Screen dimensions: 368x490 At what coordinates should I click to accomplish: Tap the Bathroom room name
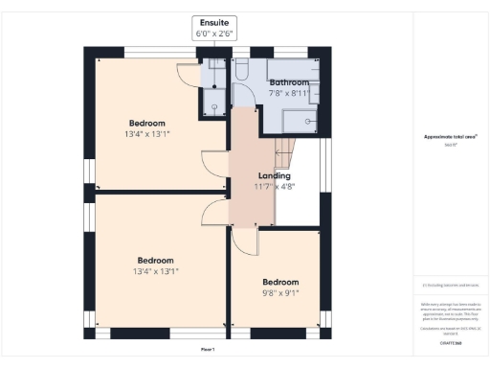tap(289, 83)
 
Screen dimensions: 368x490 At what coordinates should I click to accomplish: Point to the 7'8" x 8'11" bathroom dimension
tap(289, 94)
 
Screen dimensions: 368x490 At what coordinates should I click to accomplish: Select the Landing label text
tap(274, 175)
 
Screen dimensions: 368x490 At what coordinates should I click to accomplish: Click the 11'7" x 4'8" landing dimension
tap(274, 187)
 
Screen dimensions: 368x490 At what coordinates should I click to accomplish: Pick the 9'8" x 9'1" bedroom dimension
tap(280, 294)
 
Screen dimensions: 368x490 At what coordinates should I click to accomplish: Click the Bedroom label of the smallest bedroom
tap(280, 283)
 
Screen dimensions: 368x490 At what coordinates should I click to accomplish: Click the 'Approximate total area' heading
tap(450, 137)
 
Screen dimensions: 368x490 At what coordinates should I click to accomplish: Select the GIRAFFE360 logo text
tap(450, 342)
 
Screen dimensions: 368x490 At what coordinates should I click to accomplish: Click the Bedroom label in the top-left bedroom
tap(147, 123)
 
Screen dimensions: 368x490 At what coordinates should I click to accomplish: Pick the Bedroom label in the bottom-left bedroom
tap(155, 261)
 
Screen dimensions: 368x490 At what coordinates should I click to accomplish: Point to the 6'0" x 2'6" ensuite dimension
tap(213, 33)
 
